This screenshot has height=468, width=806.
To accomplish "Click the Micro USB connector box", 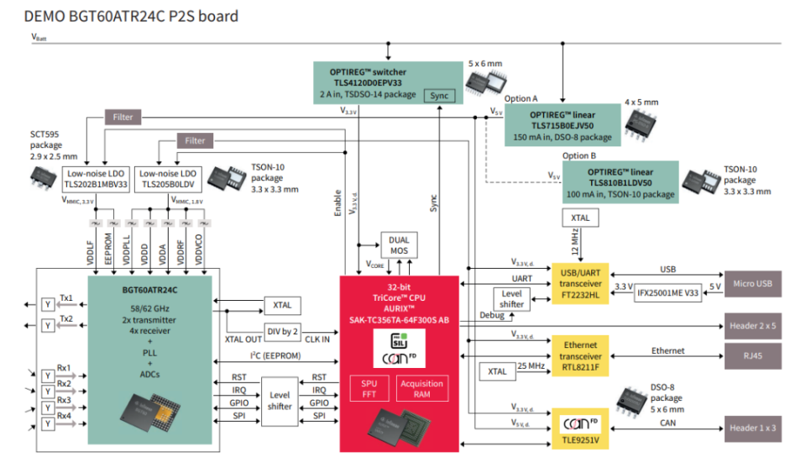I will [x=752, y=283].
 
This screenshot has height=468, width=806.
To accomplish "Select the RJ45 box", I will [x=752, y=355].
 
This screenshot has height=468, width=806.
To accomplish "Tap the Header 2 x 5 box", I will [x=752, y=324].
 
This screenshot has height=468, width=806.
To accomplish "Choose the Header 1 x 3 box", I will [x=752, y=428].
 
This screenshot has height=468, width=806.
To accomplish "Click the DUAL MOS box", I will [x=399, y=245].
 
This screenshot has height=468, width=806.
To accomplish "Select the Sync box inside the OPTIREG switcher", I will [x=439, y=95].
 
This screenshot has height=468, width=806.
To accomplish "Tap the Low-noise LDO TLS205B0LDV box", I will [x=168, y=178].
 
